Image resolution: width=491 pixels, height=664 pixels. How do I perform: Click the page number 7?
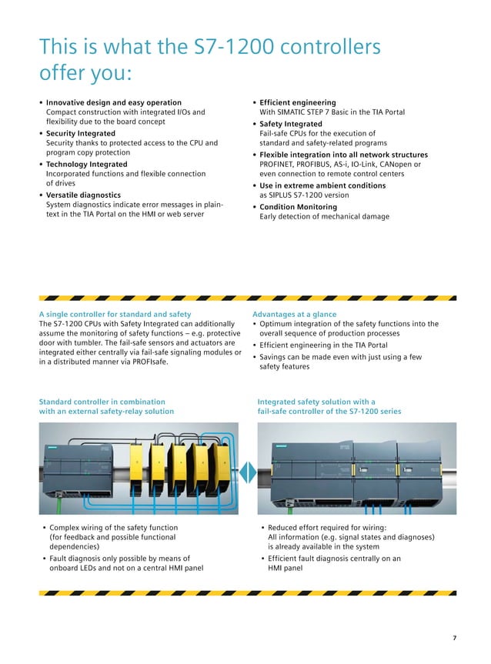454,638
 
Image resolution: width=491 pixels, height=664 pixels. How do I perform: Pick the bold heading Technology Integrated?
86,165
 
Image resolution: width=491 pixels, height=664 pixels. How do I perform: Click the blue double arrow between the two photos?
245,469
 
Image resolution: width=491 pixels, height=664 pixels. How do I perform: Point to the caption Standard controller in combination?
102,402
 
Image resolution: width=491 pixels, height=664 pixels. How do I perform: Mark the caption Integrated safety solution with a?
316,402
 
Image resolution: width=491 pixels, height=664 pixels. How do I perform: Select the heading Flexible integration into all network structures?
343,155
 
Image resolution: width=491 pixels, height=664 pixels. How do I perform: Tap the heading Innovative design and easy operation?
114,102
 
